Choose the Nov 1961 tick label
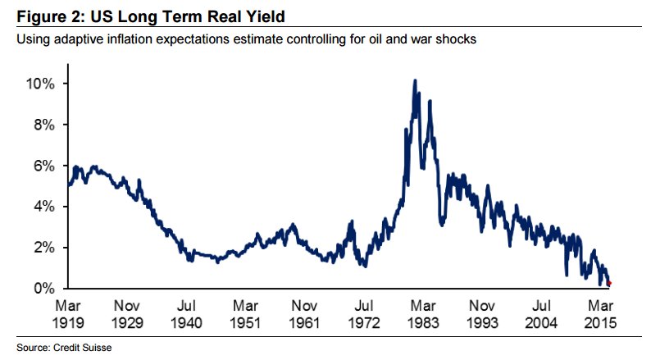point(307,313)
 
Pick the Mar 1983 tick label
point(426,313)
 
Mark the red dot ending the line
point(609,283)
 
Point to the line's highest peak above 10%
point(415,81)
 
